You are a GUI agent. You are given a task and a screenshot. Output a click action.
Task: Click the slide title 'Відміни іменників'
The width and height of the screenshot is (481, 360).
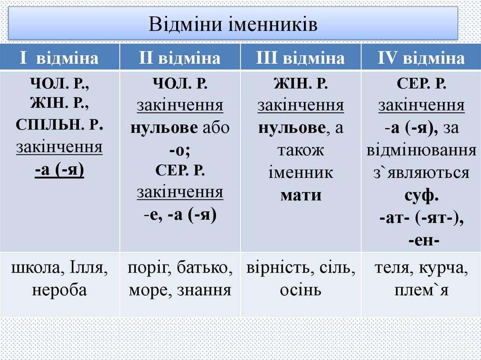233,24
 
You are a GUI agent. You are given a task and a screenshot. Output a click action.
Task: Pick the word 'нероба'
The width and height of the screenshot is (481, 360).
60,290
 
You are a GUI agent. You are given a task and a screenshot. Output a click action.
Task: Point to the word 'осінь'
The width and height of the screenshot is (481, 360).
301,290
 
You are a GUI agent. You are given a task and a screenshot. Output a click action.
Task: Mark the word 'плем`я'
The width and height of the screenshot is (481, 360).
421,290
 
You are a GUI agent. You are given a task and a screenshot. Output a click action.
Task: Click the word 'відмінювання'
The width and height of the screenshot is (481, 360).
421,150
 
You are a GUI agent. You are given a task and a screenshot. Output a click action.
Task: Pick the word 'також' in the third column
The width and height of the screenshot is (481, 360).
301,150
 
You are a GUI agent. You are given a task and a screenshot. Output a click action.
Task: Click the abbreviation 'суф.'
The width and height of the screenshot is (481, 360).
421,195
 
